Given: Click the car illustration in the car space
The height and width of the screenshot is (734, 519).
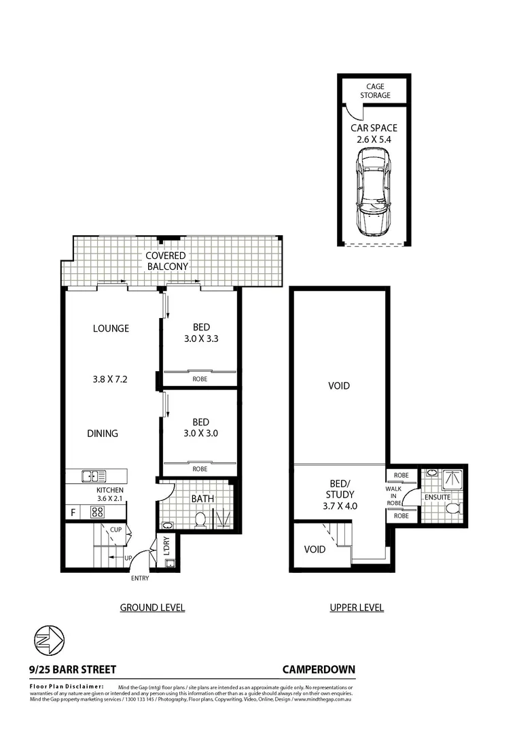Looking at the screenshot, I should coord(374,192).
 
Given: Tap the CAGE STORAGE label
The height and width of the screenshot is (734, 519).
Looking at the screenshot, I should coord(375,91).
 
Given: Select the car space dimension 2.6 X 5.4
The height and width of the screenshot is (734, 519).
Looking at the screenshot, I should coord(374,139).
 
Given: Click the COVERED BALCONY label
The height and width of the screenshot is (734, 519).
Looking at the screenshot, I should coord(167,261).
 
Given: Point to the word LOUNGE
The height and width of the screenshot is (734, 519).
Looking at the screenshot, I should coord(111,328).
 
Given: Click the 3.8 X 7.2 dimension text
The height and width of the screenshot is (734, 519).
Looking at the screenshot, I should coord(111,380).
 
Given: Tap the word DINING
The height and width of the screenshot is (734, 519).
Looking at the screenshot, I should coord(103,433).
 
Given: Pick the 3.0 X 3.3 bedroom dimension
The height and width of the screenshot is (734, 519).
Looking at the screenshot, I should coord(200,338).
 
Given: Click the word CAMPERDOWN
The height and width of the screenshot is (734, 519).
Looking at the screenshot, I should coord(319,669).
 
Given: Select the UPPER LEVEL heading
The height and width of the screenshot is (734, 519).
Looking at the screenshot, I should coord(357,608).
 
